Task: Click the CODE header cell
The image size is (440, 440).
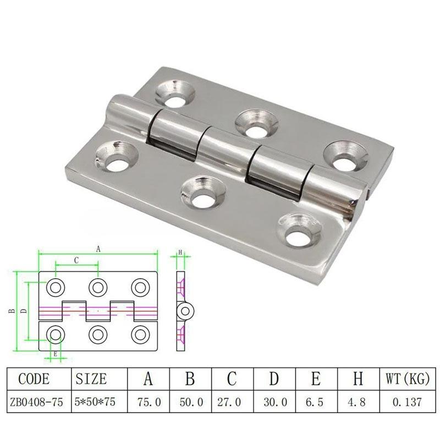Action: [34, 379]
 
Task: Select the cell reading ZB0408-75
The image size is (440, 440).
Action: [36, 402]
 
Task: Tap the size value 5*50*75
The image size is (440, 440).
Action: [95, 402]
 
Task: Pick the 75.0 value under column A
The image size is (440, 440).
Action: [149, 402]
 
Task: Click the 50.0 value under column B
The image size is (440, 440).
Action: [191, 402]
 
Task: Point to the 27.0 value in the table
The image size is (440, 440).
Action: [229, 402]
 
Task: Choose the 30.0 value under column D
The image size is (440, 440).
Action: [276, 402]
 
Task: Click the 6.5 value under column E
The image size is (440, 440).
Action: [314, 402]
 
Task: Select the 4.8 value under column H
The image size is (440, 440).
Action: [356, 402]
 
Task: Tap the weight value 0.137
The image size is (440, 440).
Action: [407, 402]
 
